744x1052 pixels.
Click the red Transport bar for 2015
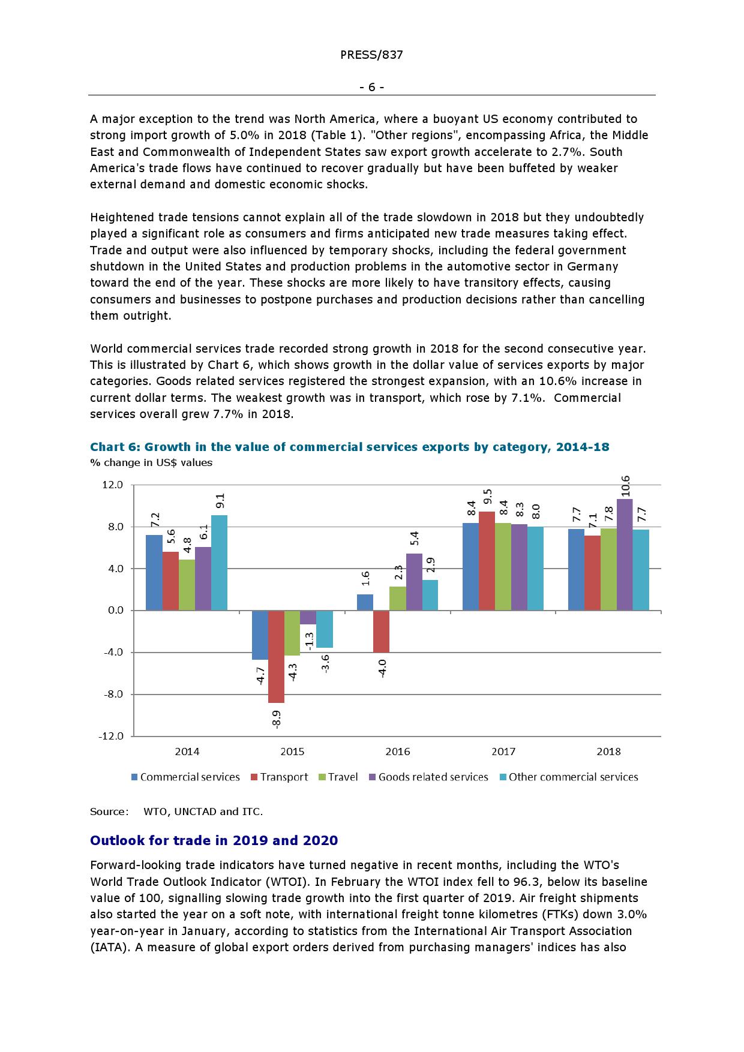(276, 656)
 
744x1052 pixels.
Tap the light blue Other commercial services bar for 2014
(219, 563)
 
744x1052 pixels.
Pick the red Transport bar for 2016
(382, 631)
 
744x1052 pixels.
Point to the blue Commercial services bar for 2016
(365, 602)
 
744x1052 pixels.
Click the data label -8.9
(277, 718)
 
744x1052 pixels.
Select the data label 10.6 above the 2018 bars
(625, 486)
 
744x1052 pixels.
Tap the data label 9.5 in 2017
(488, 497)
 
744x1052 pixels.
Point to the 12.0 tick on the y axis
(113, 485)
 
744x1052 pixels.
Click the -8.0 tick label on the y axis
(112, 694)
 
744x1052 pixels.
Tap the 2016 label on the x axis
(397, 752)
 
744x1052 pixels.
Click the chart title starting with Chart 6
(349, 447)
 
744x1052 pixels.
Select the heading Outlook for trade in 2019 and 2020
(214, 840)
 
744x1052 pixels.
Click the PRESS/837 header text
(371, 55)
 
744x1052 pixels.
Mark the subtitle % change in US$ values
(151, 462)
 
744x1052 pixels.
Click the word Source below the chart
(109, 811)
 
